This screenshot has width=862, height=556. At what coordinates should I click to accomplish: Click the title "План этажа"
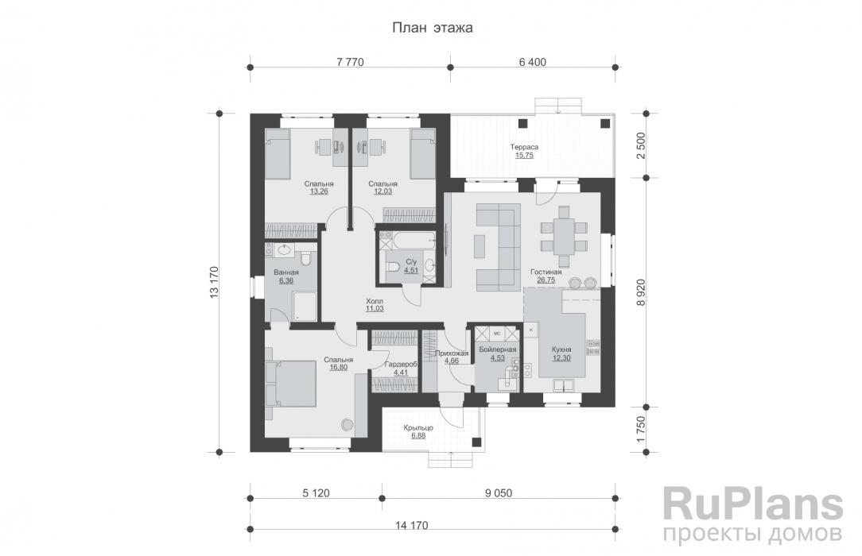(x=432, y=28)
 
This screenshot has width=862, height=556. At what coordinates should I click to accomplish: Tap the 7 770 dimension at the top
(x=350, y=62)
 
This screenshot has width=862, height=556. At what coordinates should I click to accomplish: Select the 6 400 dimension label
(x=532, y=62)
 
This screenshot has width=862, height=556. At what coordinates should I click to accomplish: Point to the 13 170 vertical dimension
(x=215, y=283)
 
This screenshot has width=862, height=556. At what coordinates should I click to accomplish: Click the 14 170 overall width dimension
(x=411, y=525)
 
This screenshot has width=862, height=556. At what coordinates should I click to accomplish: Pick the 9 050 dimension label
(x=498, y=493)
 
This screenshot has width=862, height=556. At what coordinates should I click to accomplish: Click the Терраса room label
(x=524, y=147)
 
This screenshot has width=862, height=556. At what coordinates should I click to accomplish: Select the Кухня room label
(x=561, y=349)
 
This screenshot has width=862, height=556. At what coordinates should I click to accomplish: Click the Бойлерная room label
(x=498, y=349)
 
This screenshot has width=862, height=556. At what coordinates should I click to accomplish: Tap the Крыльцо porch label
(x=418, y=427)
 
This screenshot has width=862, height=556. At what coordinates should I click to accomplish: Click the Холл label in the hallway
(x=375, y=301)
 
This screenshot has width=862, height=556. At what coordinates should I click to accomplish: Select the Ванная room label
(x=285, y=272)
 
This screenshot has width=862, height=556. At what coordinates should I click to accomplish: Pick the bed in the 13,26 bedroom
(x=278, y=153)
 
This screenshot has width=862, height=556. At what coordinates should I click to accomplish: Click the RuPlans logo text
(x=752, y=505)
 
